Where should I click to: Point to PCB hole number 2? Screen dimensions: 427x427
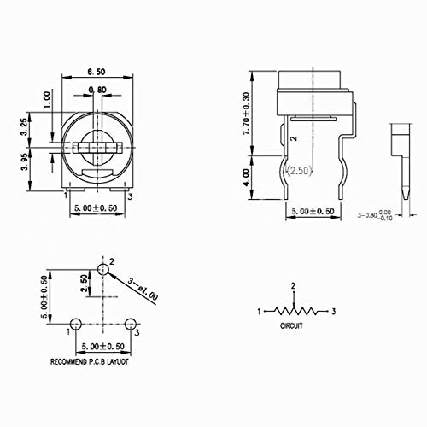point(103,269)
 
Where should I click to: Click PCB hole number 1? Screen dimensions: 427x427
point(75,324)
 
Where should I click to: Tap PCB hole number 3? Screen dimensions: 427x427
point(131,324)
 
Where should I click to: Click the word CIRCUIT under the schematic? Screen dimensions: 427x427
point(293,325)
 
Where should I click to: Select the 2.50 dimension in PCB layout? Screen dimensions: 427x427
point(85,283)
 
